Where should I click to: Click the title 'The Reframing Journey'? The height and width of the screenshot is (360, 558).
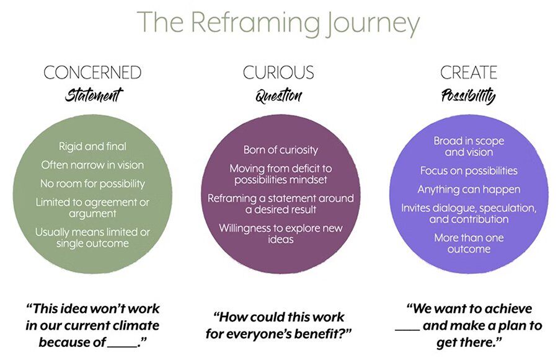coord(278,23)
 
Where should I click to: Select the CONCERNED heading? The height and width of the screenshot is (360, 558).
coord(92,73)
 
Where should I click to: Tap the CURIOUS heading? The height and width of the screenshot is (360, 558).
coord(278,73)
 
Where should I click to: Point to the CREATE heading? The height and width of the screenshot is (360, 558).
coord(469,73)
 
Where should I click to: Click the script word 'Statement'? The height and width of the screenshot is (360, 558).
coord(94,95)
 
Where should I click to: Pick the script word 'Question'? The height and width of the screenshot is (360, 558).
coord(278,96)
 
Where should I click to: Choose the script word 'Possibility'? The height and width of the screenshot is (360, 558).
coord(468,96)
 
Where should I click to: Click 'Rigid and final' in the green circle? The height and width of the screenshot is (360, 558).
coord(92,147)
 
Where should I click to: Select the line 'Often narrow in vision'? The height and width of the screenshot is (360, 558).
coord(92,165)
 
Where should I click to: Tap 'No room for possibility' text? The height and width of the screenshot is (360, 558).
coord(92,183)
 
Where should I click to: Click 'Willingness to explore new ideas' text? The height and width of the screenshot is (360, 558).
coord(280,234)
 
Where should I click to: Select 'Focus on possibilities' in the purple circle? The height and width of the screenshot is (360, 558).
coord(469,170)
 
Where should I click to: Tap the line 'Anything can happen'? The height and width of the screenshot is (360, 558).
coord(469,190)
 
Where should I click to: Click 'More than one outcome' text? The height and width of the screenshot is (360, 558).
coord(469,244)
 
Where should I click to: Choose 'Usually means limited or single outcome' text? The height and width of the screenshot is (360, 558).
coord(92,238)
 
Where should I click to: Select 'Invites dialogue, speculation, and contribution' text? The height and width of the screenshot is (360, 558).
coord(469,214)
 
